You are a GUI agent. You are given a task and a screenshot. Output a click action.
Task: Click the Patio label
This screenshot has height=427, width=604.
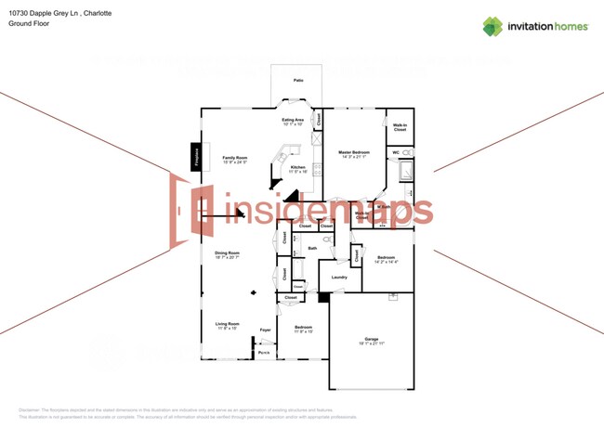[x=298, y=81]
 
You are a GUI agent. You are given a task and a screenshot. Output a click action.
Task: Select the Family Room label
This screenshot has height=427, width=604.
[x=234, y=158]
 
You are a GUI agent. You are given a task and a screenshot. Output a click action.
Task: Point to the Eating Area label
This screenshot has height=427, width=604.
[x=294, y=119]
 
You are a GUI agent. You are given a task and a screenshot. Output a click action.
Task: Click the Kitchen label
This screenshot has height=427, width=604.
[x=297, y=167]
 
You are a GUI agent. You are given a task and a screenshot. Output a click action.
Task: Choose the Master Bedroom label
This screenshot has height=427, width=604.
[x=354, y=151]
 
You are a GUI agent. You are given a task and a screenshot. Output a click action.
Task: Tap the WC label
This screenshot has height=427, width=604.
[x=395, y=152]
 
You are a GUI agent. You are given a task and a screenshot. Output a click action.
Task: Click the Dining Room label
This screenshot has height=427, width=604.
[x=228, y=252]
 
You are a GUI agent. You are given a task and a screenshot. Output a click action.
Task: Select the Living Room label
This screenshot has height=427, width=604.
[x=228, y=324]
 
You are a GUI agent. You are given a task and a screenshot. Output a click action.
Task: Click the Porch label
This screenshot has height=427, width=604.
[x=264, y=353]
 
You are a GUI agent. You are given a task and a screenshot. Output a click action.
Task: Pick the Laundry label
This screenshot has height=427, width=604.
[x=339, y=277]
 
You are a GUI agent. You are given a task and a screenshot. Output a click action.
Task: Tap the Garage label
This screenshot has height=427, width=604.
[x=371, y=339]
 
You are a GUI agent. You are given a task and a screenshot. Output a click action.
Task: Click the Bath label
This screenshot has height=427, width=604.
[x=313, y=248]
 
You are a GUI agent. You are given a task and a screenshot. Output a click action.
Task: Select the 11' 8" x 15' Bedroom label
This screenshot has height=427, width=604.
[x=304, y=328]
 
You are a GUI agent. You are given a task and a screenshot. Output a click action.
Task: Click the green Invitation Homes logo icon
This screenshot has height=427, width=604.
[x=492, y=26]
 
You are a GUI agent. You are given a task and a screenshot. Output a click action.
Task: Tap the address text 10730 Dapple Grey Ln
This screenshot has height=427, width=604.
[x=43, y=13]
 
